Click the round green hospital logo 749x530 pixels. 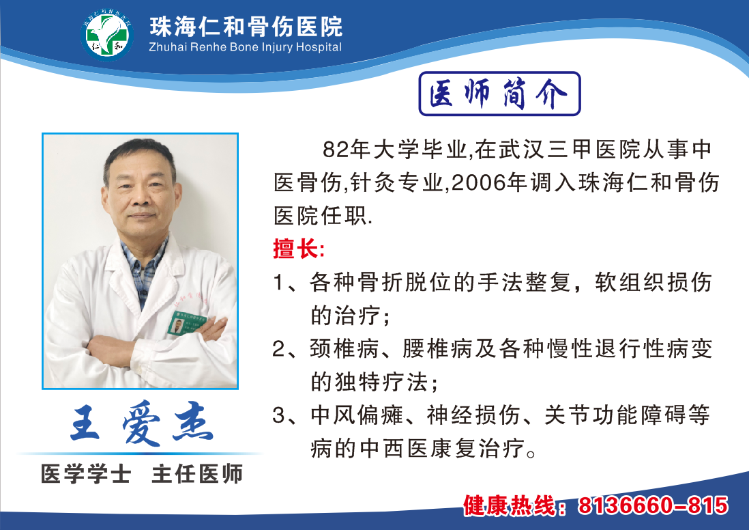[x=107, y=35]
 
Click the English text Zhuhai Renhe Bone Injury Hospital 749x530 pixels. [x=246, y=47]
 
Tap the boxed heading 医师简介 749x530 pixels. [x=499, y=94]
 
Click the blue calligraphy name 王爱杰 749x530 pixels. [x=142, y=423]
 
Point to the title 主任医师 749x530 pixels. [x=197, y=473]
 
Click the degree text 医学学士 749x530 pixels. [x=86, y=473]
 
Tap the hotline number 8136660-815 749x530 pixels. [x=653, y=505]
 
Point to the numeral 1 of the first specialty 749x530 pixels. [x=278, y=282]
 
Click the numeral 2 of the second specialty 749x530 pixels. [x=279, y=349]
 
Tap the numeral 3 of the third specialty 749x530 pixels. [x=279, y=415]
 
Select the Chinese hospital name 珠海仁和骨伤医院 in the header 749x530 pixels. [x=246, y=26]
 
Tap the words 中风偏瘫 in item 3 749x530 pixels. [x=357, y=415]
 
